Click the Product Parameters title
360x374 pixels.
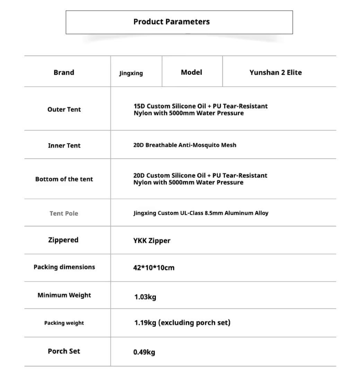click(172, 22)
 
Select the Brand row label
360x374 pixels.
click(64, 72)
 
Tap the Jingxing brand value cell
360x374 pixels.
click(131, 73)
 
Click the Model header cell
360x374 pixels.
click(191, 72)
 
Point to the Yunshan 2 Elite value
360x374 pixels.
click(275, 72)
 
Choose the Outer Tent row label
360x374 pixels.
click(64, 109)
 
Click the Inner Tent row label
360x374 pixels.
click(64, 145)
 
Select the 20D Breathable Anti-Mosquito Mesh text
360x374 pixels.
click(185, 145)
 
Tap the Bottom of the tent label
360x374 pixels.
click(64, 179)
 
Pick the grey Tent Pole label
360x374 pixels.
click(64, 213)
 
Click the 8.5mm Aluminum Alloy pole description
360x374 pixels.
click(201, 213)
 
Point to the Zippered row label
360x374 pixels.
click(63, 240)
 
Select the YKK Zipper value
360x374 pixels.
click(152, 241)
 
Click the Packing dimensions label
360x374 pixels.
click(64, 267)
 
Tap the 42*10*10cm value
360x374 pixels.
click(154, 268)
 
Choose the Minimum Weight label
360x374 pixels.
click(64, 295)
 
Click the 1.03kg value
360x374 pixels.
click(145, 297)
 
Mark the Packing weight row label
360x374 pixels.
click(64, 323)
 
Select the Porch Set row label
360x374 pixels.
click(64, 351)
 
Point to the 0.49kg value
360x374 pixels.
click(144, 352)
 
